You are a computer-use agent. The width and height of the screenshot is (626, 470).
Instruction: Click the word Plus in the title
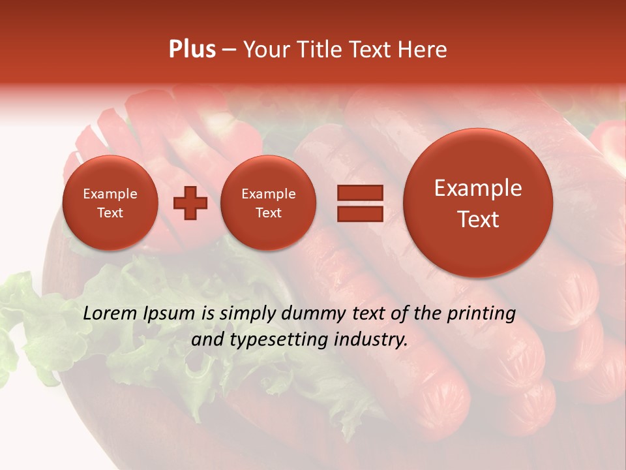192,50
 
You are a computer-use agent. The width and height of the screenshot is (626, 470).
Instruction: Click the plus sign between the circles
190,203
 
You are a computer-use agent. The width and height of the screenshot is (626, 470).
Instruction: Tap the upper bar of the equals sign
359,193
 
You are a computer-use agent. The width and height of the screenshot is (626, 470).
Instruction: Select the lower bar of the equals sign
359,213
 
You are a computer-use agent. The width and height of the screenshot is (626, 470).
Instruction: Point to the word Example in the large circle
478,188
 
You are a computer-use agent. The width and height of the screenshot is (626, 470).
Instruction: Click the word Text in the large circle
478,219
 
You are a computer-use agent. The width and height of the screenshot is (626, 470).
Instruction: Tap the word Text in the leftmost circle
110,213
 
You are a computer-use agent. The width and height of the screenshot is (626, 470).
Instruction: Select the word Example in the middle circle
269,194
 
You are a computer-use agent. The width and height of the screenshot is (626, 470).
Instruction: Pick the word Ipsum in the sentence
170,313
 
